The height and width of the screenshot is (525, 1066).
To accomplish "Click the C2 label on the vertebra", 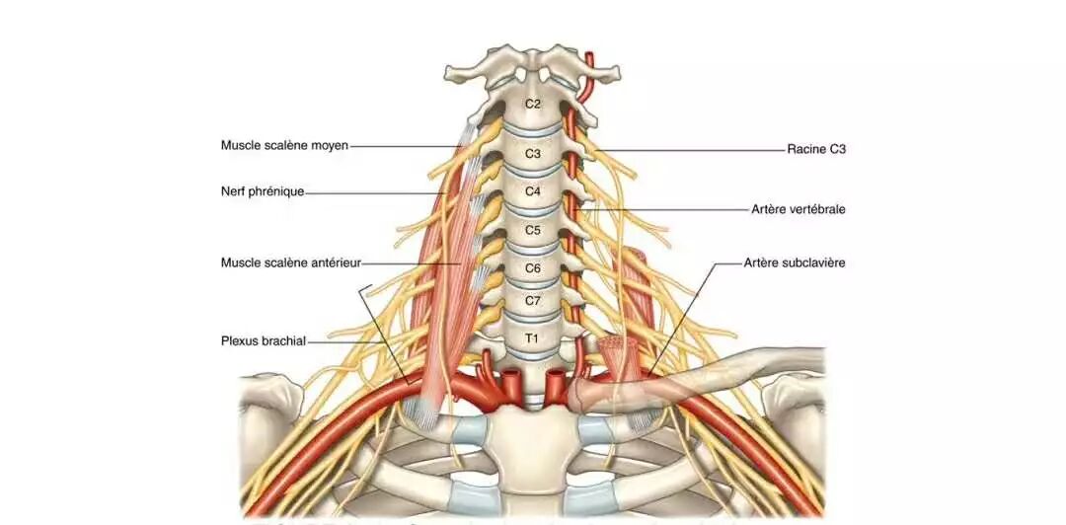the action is [532, 104].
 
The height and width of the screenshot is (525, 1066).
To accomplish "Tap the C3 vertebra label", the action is [533, 153].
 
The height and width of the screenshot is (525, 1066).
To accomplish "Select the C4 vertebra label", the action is [533, 191].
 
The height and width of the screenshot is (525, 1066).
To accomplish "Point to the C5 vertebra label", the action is [533, 230].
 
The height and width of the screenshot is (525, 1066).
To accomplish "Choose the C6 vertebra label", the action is [533, 267].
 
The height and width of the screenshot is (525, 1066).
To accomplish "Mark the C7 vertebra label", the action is [533, 300].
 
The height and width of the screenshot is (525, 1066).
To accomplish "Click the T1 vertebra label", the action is [532, 338].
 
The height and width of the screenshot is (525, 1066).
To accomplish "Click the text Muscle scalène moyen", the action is [284, 146].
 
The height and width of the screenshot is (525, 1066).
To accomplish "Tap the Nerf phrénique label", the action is [263, 191].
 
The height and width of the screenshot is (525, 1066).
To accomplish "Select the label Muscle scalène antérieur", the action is [291, 262].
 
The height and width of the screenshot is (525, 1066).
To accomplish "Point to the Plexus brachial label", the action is [264, 341].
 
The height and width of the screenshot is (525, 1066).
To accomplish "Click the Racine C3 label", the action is [816, 150].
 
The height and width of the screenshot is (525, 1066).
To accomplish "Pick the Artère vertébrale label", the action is [798, 209].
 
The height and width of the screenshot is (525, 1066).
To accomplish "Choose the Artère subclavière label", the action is [795, 262].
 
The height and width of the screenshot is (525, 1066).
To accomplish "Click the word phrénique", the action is [277, 191].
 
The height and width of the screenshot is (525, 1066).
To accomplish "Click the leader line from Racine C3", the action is [691, 150].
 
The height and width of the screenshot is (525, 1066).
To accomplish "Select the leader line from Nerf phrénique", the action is [375, 192].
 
